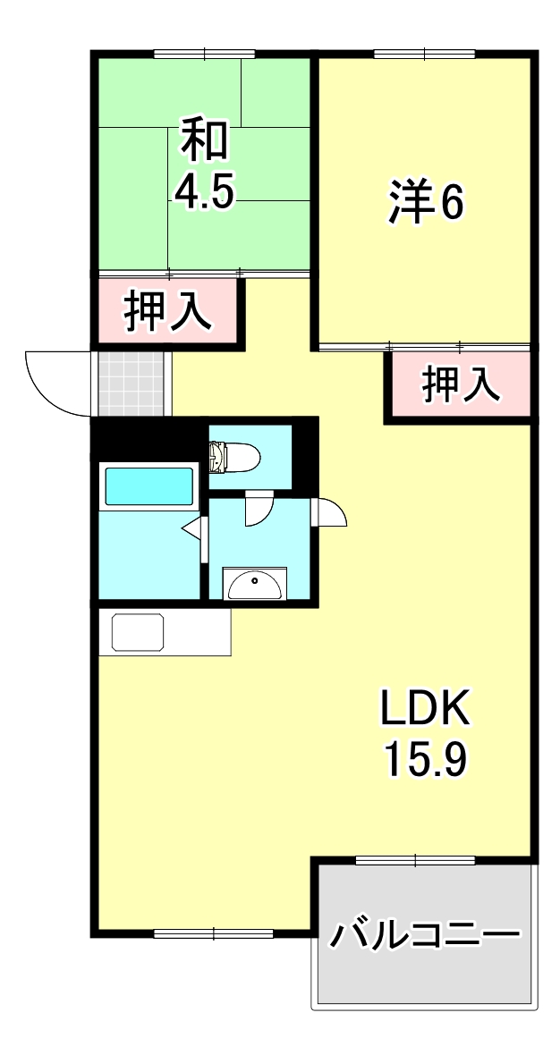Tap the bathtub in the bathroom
pos(149,487)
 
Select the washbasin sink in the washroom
pos(255,585)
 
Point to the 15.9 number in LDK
pos(426,760)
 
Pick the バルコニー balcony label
pos(425,936)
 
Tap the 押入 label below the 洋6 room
pos(460,386)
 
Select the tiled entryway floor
pos(132,384)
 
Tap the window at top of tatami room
pos(204,55)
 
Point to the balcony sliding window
pos(415,860)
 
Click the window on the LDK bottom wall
pos(213,933)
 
